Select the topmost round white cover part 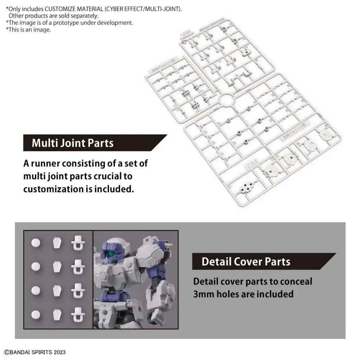[36, 243]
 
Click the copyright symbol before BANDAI [6, 352]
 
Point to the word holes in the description [234, 294]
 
